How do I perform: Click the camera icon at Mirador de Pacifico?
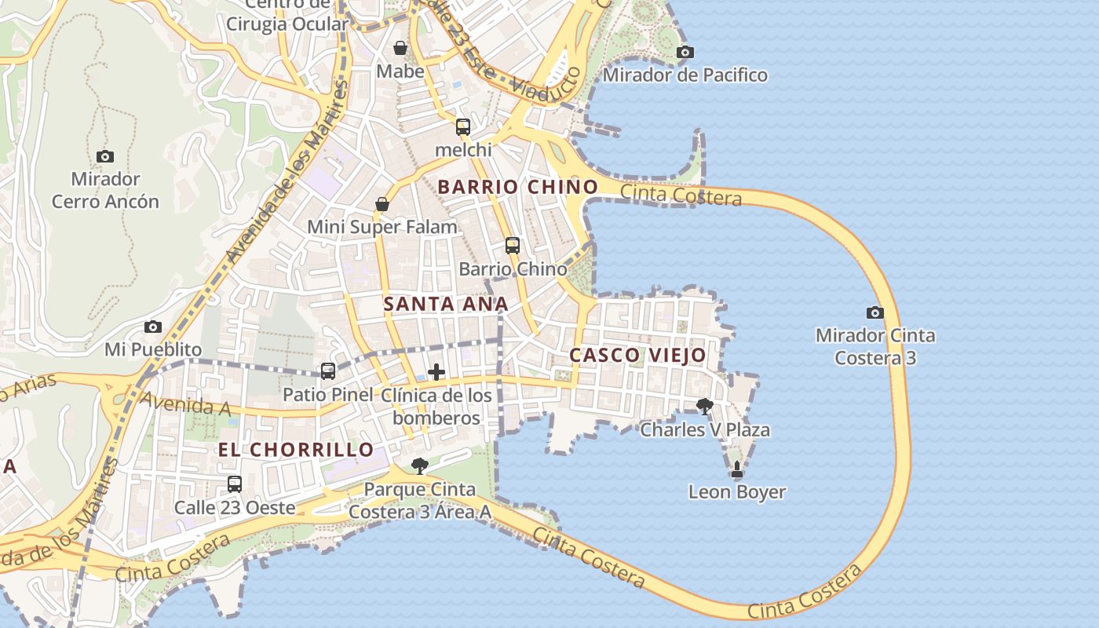coord(685,53)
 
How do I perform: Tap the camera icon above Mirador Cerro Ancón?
coord(104,156)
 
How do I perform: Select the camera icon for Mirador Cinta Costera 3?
coord(874,312)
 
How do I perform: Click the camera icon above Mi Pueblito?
coord(153,327)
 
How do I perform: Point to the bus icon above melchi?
coord(462,126)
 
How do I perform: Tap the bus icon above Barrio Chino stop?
coord(512,246)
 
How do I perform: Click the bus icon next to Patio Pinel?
coord(328,371)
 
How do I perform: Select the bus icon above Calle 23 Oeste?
coord(234,484)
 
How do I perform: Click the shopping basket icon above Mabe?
coord(400,49)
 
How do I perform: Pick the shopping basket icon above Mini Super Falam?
coord(382,204)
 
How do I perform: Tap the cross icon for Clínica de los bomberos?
coord(436,372)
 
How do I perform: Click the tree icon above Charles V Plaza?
coord(704,406)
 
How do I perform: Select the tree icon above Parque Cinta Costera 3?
coord(420,466)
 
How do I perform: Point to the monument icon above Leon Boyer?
coord(736,469)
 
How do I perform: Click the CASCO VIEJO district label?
coord(637,355)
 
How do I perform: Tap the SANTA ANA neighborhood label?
coord(446,304)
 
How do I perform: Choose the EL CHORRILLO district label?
coord(296,450)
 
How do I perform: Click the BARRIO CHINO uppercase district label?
coord(517,187)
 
